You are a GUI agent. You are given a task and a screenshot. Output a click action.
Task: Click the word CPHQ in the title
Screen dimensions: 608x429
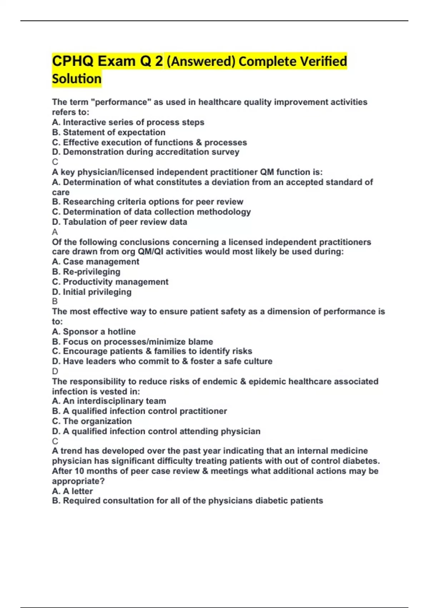click(x=73, y=61)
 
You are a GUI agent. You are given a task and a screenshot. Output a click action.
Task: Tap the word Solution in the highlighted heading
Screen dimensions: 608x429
click(x=77, y=79)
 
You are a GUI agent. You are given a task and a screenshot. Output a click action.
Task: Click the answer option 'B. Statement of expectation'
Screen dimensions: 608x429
click(x=109, y=132)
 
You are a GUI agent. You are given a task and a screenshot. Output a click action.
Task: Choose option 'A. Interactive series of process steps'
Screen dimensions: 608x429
click(x=128, y=122)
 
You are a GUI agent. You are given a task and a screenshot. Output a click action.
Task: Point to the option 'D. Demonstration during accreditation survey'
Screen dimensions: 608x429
click(x=146, y=152)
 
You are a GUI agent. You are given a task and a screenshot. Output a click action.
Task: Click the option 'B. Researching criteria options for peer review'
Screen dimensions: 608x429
click(x=147, y=202)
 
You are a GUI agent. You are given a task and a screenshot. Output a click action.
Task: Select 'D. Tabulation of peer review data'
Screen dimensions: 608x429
click(x=119, y=222)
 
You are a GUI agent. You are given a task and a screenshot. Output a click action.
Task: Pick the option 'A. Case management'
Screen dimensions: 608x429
click(x=95, y=262)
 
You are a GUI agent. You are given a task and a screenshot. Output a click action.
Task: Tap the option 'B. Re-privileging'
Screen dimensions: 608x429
click(x=86, y=272)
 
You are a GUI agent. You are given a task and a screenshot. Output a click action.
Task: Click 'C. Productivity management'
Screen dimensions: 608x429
click(x=110, y=282)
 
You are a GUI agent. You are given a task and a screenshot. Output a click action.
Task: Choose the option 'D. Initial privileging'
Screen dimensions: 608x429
click(x=92, y=292)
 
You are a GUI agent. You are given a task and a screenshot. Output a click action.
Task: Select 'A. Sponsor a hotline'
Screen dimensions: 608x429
click(x=94, y=332)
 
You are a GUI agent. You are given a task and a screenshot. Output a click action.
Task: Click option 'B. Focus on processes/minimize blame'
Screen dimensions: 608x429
click(x=132, y=342)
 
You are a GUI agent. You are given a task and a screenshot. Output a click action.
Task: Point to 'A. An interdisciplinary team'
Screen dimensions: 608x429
click(x=109, y=401)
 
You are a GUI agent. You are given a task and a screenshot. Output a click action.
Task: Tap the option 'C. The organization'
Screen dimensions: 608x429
click(x=92, y=421)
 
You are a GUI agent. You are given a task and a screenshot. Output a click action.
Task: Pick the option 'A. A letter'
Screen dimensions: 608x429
click(x=72, y=491)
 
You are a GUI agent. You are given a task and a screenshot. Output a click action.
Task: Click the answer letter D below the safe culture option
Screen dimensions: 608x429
click(x=55, y=371)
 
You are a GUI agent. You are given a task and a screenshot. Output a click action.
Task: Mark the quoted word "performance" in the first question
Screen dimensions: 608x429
click(x=121, y=102)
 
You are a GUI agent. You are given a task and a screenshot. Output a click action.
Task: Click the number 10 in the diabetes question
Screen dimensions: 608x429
click(x=79, y=471)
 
